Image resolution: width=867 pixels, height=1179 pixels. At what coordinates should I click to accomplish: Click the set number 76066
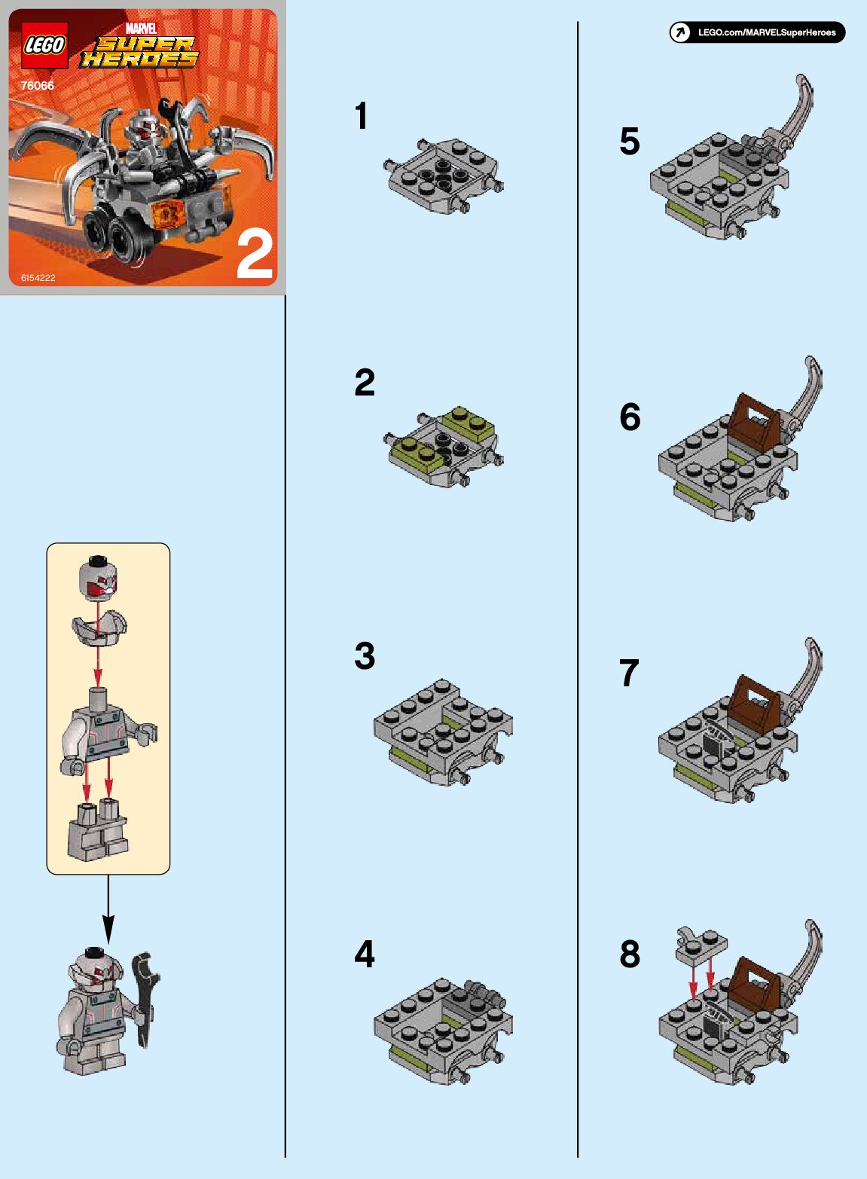click(x=38, y=85)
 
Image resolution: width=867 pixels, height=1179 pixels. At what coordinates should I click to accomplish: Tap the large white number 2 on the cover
click(x=255, y=255)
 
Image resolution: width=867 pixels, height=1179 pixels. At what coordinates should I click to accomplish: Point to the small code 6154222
click(x=38, y=277)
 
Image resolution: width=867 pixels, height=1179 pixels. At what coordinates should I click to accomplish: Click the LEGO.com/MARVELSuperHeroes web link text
click(x=767, y=32)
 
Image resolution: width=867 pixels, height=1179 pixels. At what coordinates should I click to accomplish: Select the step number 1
click(x=361, y=116)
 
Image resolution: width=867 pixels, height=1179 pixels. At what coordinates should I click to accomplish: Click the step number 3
click(x=365, y=656)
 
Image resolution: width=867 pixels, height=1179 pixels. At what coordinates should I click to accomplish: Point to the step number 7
click(x=629, y=673)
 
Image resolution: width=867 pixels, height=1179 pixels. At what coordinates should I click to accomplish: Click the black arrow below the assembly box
click(x=108, y=909)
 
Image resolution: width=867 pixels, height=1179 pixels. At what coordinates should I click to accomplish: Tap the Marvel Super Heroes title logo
click(x=139, y=46)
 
